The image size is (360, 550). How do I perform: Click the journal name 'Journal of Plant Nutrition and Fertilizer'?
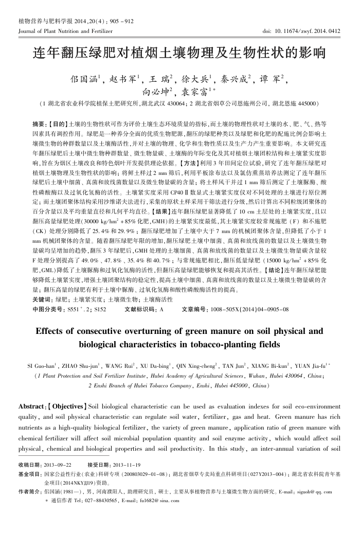coord(65,31)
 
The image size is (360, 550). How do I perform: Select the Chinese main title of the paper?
coord(179,54)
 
